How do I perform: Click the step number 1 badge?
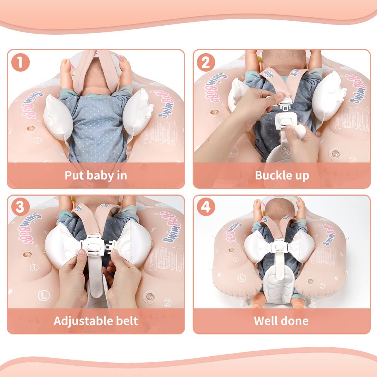[20, 62]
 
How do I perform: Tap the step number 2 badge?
[205, 62]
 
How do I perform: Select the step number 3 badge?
[20, 207]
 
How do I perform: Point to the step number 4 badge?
[205, 207]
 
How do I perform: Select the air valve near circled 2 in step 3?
[150, 296]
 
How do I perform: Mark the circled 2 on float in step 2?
[353, 159]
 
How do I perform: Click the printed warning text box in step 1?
[160, 132]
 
